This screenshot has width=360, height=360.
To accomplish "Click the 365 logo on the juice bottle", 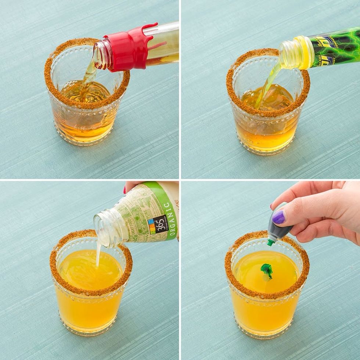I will tap(157, 225).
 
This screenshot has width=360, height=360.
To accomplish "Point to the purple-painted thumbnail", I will tap(278, 217).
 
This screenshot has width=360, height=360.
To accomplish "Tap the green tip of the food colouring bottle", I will tap(270, 242).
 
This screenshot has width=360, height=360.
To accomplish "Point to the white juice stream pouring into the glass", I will tap(98, 253).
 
